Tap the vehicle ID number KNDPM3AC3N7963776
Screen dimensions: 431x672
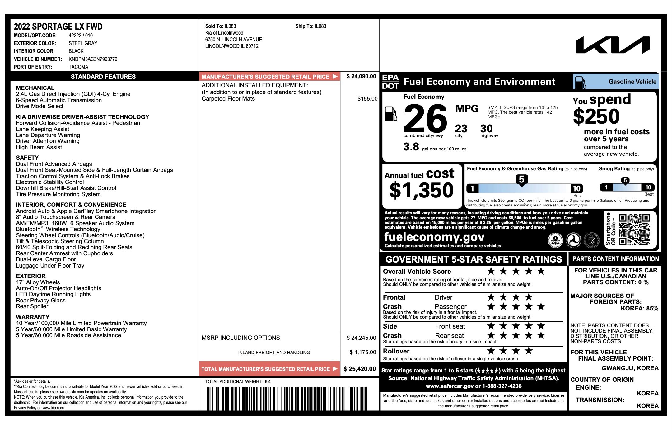click(93, 59)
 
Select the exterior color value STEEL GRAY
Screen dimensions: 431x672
click(83, 43)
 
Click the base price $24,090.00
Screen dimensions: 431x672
click(361, 76)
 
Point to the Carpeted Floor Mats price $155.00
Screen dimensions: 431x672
click(367, 99)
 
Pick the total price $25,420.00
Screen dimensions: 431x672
click(360, 369)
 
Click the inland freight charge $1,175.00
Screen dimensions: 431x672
click(363, 352)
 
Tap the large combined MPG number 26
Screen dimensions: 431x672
click(425, 119)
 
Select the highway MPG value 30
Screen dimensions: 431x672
click(486, 129)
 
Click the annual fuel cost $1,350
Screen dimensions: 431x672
click(422, 190)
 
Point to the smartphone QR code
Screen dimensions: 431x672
click(634, 230)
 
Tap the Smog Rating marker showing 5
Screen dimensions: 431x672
click(625, 181)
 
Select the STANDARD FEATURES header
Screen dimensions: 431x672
click(103, 77)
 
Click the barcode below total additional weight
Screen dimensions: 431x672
click(287, 399)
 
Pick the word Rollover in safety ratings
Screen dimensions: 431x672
click(396, 351)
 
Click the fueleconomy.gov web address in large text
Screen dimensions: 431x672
click(434, 237)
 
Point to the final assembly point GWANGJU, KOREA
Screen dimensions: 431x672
click(630, 368)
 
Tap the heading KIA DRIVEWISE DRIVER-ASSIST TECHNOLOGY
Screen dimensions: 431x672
click(82, 117)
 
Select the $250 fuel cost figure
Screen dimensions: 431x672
click(596, 116)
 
